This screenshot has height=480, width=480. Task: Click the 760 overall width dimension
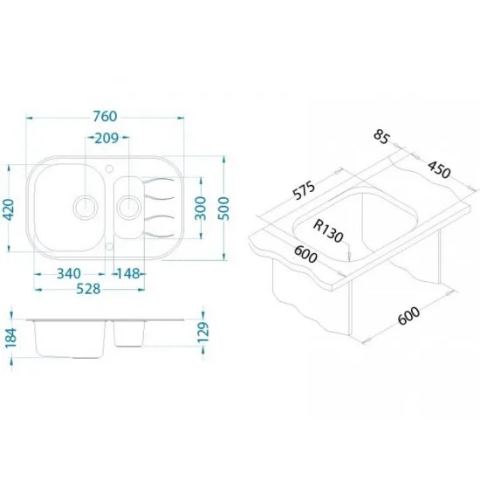pos(105,116)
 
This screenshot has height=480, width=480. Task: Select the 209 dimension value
pos(106,139)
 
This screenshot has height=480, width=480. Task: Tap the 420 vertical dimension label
pos(10,209)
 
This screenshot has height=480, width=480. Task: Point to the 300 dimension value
pos(201,209)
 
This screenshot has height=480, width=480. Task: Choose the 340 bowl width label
pos(69,274)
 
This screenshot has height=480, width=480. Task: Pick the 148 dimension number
pos(129,274)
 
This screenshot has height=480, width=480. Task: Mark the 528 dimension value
pos(88,289)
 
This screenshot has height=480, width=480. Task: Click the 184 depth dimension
pos(11,338)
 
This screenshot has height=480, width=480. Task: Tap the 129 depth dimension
pos(203,333)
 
